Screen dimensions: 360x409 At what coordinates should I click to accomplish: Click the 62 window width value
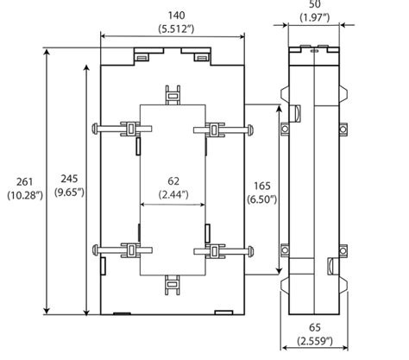click(173, 181)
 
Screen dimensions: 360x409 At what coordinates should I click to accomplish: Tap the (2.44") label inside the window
click(173, 195)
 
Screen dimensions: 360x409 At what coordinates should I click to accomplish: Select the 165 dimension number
click(260, 185)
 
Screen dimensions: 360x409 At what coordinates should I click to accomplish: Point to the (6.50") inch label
click(260, 199)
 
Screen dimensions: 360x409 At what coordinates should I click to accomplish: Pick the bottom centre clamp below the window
click(173, 284)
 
